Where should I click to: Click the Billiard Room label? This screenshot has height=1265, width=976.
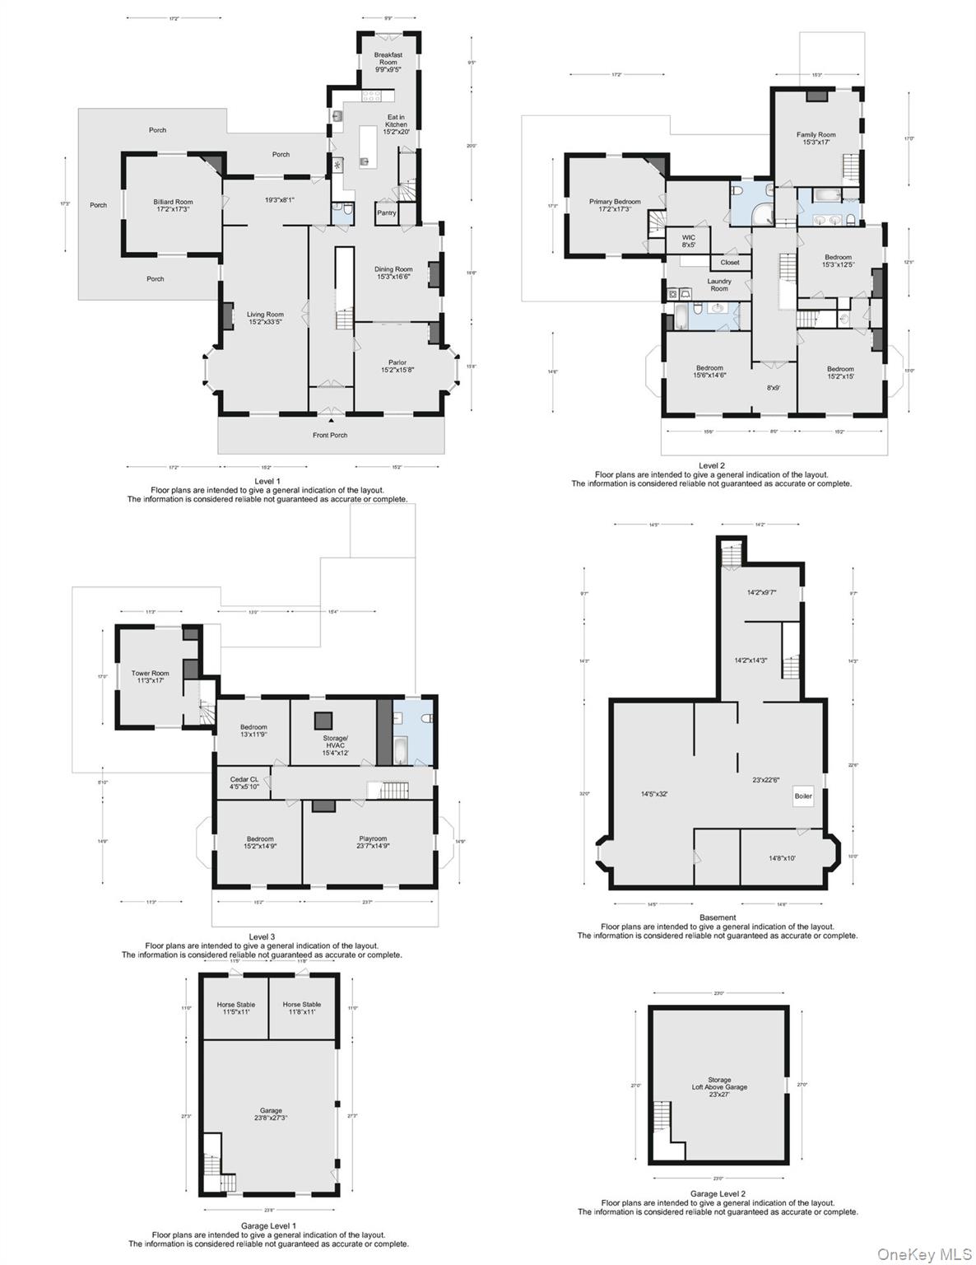coord(173,206)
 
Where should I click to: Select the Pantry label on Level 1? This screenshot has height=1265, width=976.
coord(386,212)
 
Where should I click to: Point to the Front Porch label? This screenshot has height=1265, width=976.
coord(330,435)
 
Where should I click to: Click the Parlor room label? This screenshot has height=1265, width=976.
coord(397,366)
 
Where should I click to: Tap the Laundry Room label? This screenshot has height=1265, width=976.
coord(719,285)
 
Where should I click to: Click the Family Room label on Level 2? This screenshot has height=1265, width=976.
coord(816,138)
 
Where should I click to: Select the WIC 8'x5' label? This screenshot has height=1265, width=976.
coord(689,240)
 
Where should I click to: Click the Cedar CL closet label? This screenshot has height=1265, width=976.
coord(244,782)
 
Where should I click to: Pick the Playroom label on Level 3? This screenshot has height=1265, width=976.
coord(373,843)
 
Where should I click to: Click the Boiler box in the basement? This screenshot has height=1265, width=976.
coord(803,796)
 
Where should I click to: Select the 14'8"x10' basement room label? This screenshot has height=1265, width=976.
coord(782,858)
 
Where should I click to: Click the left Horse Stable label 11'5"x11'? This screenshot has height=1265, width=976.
coord(235,1008)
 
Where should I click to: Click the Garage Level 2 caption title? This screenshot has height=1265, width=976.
coord(718,1193)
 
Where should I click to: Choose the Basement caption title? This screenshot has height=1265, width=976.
coord(718,917)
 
